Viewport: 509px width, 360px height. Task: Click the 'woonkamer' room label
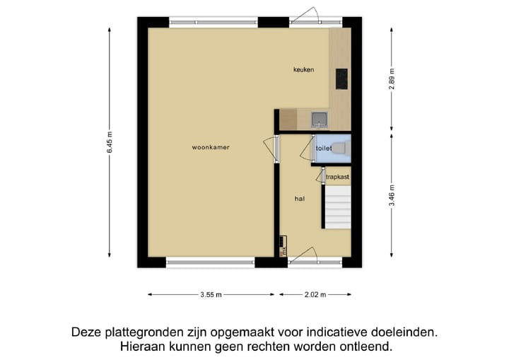pos(211,147)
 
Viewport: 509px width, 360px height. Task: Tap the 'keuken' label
pos(304,69)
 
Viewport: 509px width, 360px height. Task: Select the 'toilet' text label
pos(323,149)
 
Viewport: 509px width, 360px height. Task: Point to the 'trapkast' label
pos(337,177)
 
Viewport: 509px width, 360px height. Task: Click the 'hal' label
pos(300,199)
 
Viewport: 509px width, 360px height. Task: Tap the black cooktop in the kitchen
pos(341,79)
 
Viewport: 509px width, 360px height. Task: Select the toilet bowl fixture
pos(340,148)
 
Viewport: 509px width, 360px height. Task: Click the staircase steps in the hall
pos(337,207)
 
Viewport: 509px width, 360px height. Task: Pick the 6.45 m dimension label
pos(110,142)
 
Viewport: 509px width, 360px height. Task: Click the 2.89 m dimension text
pos(392,77)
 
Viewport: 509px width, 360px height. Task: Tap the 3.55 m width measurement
pos(211,294)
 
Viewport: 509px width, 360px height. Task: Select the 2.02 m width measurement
pos(315,294)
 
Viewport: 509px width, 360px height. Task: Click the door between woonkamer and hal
pos(269,149)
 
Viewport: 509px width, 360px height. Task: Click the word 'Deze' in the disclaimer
pos(86,331)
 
